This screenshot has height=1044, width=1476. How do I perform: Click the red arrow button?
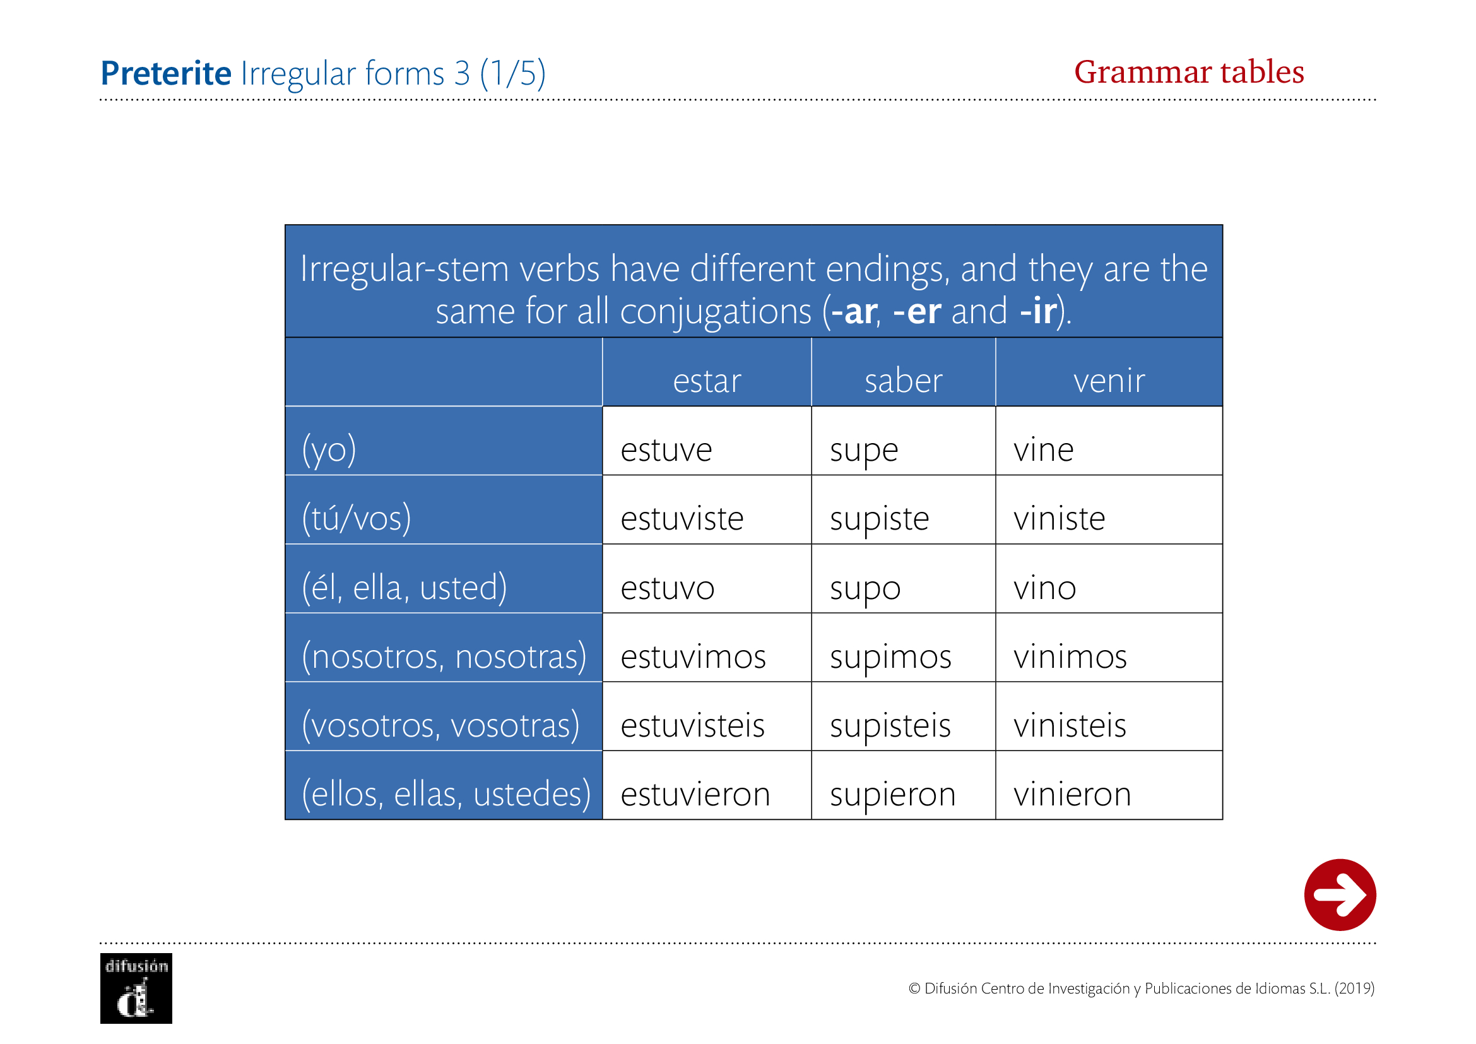click(1340, 894)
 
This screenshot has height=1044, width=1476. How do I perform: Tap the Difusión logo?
click(136, 988)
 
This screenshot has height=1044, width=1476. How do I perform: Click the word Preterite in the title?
click(166, 73)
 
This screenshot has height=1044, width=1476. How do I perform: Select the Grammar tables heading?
click(1189, 72)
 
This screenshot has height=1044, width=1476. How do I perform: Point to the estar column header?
click(707, 381)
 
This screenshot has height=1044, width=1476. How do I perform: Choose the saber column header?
click(903, 381)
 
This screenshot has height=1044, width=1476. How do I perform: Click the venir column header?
click(1109, 381)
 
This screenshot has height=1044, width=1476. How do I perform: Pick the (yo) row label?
click(329, 450)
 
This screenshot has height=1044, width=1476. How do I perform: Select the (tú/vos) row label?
click(356, 519)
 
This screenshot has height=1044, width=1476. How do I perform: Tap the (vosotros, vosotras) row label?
click(441, 726)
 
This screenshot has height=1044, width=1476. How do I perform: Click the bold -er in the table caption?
click(918, 312)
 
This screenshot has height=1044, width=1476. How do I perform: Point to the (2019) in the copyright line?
click(1354, 988)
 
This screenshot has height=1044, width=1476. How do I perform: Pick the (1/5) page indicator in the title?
click(512, 73)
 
